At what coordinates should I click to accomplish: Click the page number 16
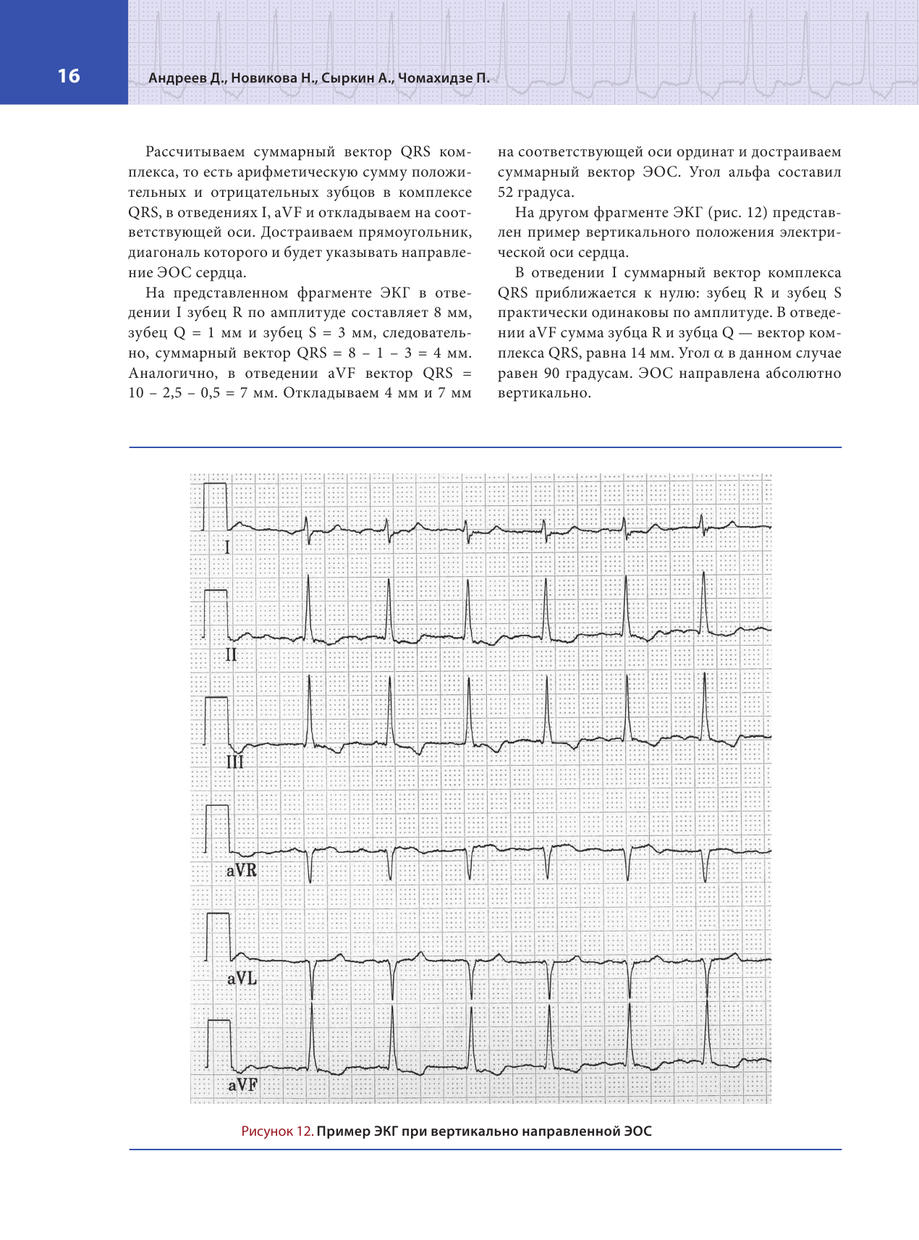(69, 76)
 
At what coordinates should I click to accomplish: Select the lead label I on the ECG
(227, 547)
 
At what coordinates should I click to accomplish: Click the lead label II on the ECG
(231, 655)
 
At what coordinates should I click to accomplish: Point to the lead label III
(234, 762)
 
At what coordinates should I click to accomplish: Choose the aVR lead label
(242, 870)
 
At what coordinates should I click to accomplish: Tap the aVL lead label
(242, 979)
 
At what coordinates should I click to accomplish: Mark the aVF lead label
(242, 1085)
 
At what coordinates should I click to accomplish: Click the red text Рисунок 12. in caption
(277, 1131)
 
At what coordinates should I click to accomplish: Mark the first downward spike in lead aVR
(310, 880)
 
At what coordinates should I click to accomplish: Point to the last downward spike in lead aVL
(707, 997)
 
